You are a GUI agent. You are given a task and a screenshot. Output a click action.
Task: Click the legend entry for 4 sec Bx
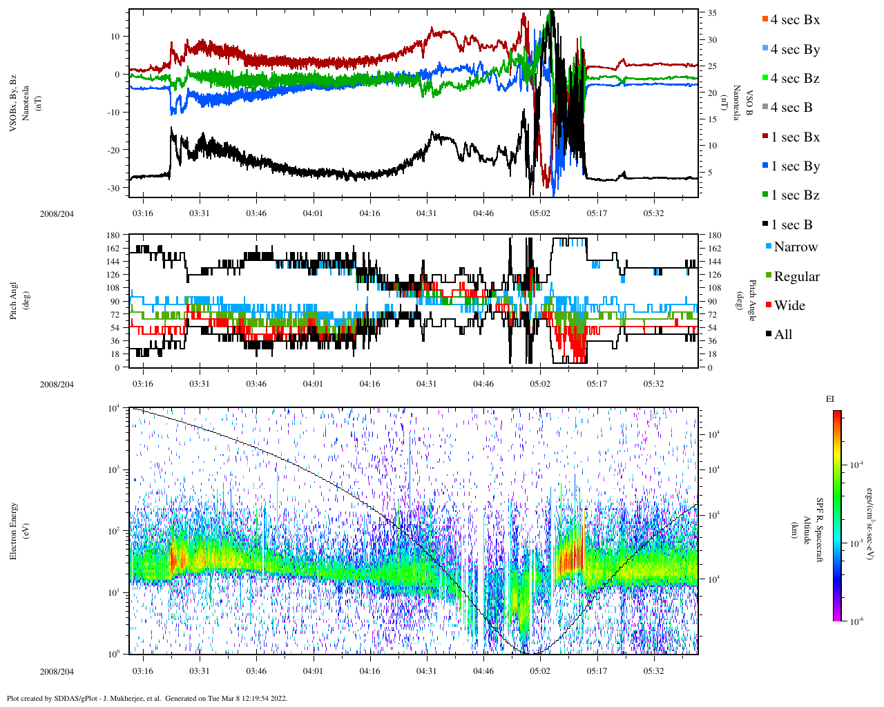click(x=794, y=20)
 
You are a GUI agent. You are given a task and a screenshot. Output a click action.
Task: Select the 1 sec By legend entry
click(x=794, y=166)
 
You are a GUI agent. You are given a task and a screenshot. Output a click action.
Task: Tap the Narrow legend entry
click(x=795, y=247)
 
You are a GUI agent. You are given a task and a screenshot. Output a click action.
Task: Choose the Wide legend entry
click(x=789, y=306)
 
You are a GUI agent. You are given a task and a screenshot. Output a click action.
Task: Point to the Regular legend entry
click(x=796, y=277)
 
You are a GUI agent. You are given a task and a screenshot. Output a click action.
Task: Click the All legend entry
click(x=782, y=335)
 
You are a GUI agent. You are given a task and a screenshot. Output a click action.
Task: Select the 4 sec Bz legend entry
click(x=794, y=79)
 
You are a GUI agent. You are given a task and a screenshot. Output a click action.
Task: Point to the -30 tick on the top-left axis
click(x=117, y=188)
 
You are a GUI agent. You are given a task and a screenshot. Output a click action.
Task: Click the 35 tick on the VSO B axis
click(x=711, y=13)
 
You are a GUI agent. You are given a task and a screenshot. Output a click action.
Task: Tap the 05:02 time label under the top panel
click(x=540, y=213)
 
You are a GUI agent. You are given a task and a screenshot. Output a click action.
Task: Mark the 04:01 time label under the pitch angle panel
click(x=313, y=384)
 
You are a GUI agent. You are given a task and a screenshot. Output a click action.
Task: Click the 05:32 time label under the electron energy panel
click(x=653, y=671)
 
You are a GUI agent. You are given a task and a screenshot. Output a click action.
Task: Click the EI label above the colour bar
click(x=830, y=399)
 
